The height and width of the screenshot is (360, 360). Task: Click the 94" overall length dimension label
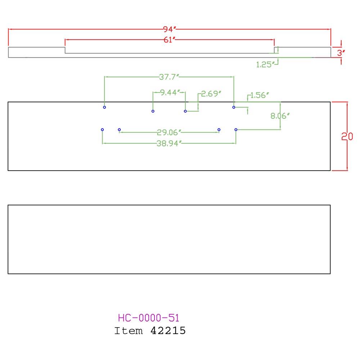click(170, 29)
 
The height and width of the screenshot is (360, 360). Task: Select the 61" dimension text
click(170, 40)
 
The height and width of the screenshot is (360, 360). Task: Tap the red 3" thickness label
click(341, 53)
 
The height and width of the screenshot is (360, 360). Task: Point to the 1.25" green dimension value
click(265, 64)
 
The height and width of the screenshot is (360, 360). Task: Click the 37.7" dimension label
click(169, 77)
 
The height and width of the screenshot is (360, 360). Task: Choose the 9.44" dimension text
click(170, 92)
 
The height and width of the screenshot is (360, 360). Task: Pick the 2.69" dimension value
click(211, 94)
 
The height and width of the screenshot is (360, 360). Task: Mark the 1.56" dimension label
click(260, 95)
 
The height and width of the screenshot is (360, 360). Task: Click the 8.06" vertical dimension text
click(280, 116)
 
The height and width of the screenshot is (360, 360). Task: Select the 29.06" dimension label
click(169, 132)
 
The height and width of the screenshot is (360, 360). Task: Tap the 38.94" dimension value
click(169, 144)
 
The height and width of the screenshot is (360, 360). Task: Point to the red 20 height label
click(347, 136)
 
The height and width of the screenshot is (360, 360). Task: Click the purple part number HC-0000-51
click(149, 318)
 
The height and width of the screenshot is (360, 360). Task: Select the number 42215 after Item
click(168, 331)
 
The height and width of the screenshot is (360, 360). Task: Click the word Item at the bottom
click(129, 331)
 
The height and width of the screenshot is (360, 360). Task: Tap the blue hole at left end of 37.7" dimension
click(104, 107)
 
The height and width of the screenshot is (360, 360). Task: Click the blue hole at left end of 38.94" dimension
click(102, 130)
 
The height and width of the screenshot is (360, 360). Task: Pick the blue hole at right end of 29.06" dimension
click(219, 130)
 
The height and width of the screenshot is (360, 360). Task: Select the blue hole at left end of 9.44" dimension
click(153, 111)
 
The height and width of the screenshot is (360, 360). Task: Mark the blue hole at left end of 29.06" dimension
click(120, 130)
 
